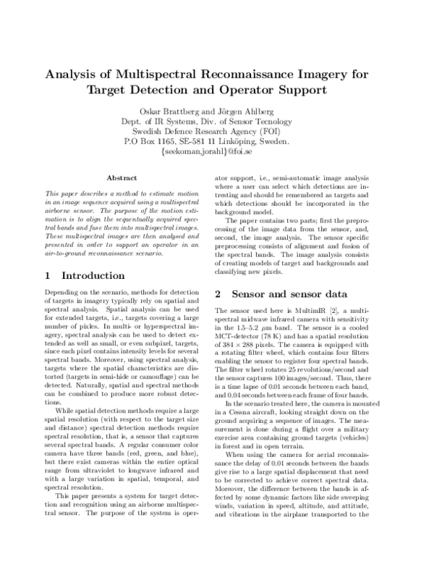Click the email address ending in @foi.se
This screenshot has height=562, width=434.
tap(217, 153)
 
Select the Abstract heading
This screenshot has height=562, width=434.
tap(122, 177)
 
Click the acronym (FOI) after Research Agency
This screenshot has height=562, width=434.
tap(264, 132)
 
